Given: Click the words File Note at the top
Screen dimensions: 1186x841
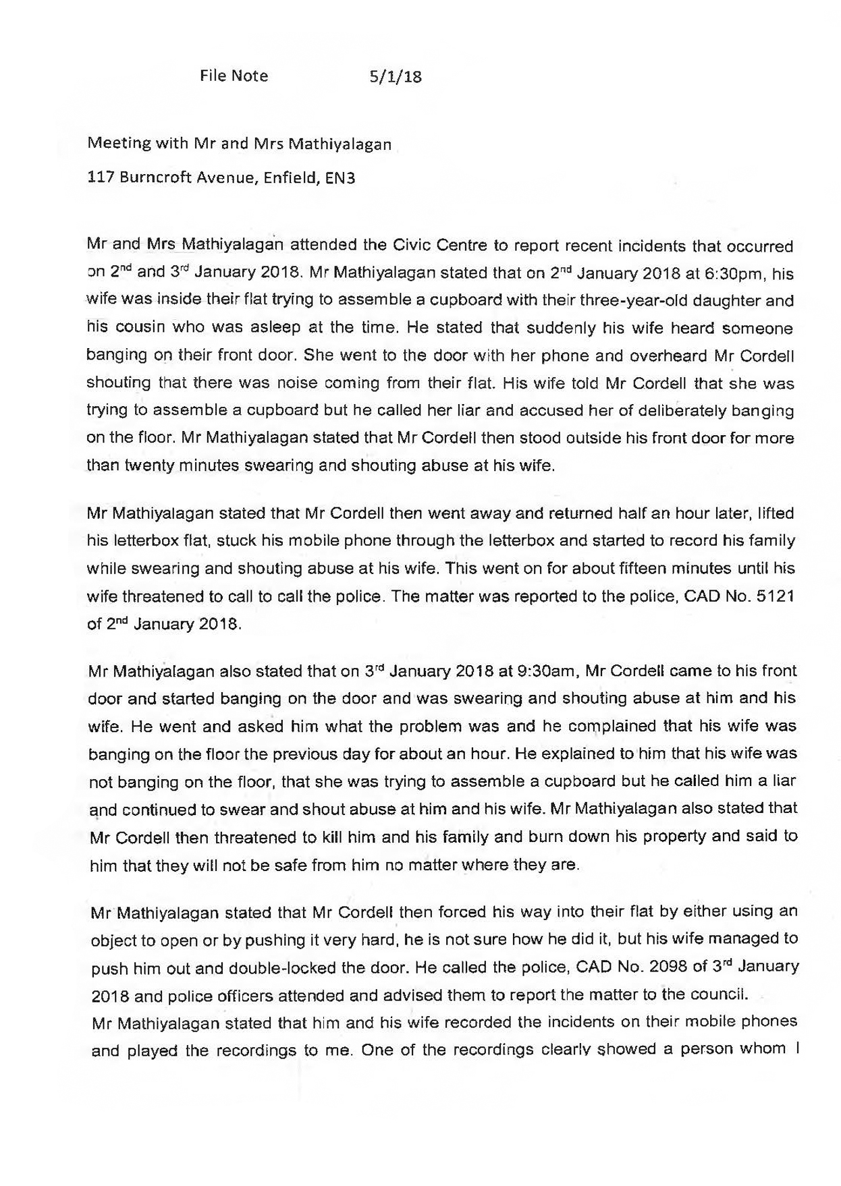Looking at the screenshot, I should coord(234,76).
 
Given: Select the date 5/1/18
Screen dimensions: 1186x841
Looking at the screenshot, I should coord(396,76).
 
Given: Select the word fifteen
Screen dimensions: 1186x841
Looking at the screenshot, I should coord(618,568).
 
